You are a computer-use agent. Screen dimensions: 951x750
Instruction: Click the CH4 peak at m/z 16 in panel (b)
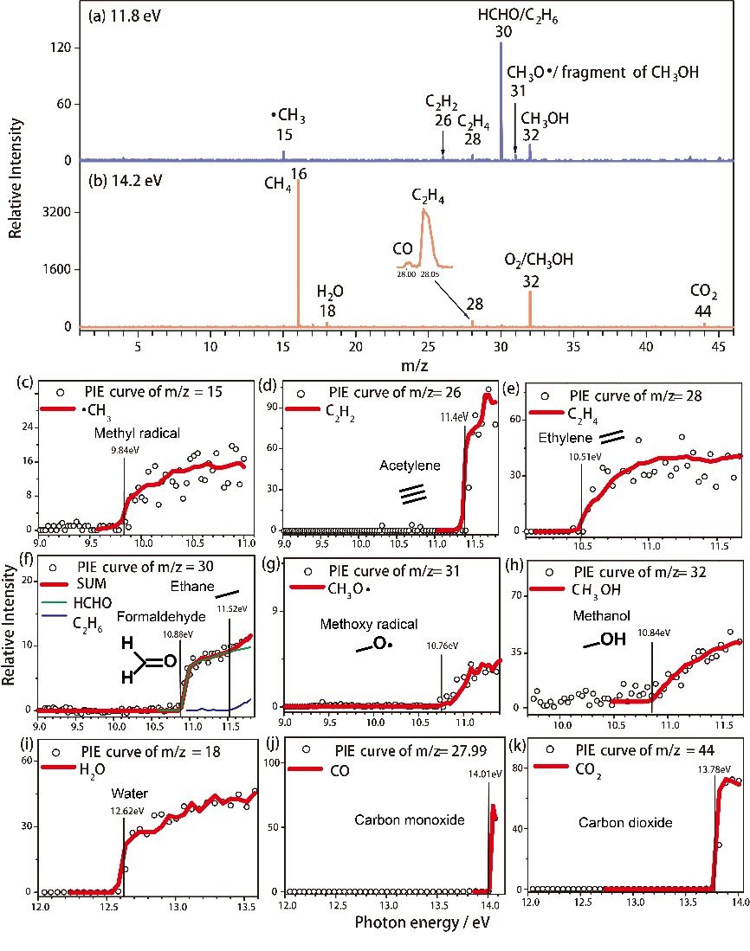pos(298,251)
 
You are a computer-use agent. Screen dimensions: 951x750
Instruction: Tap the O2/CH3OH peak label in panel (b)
pos(539,268)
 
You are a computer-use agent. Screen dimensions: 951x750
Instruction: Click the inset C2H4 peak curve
pos(424,229)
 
